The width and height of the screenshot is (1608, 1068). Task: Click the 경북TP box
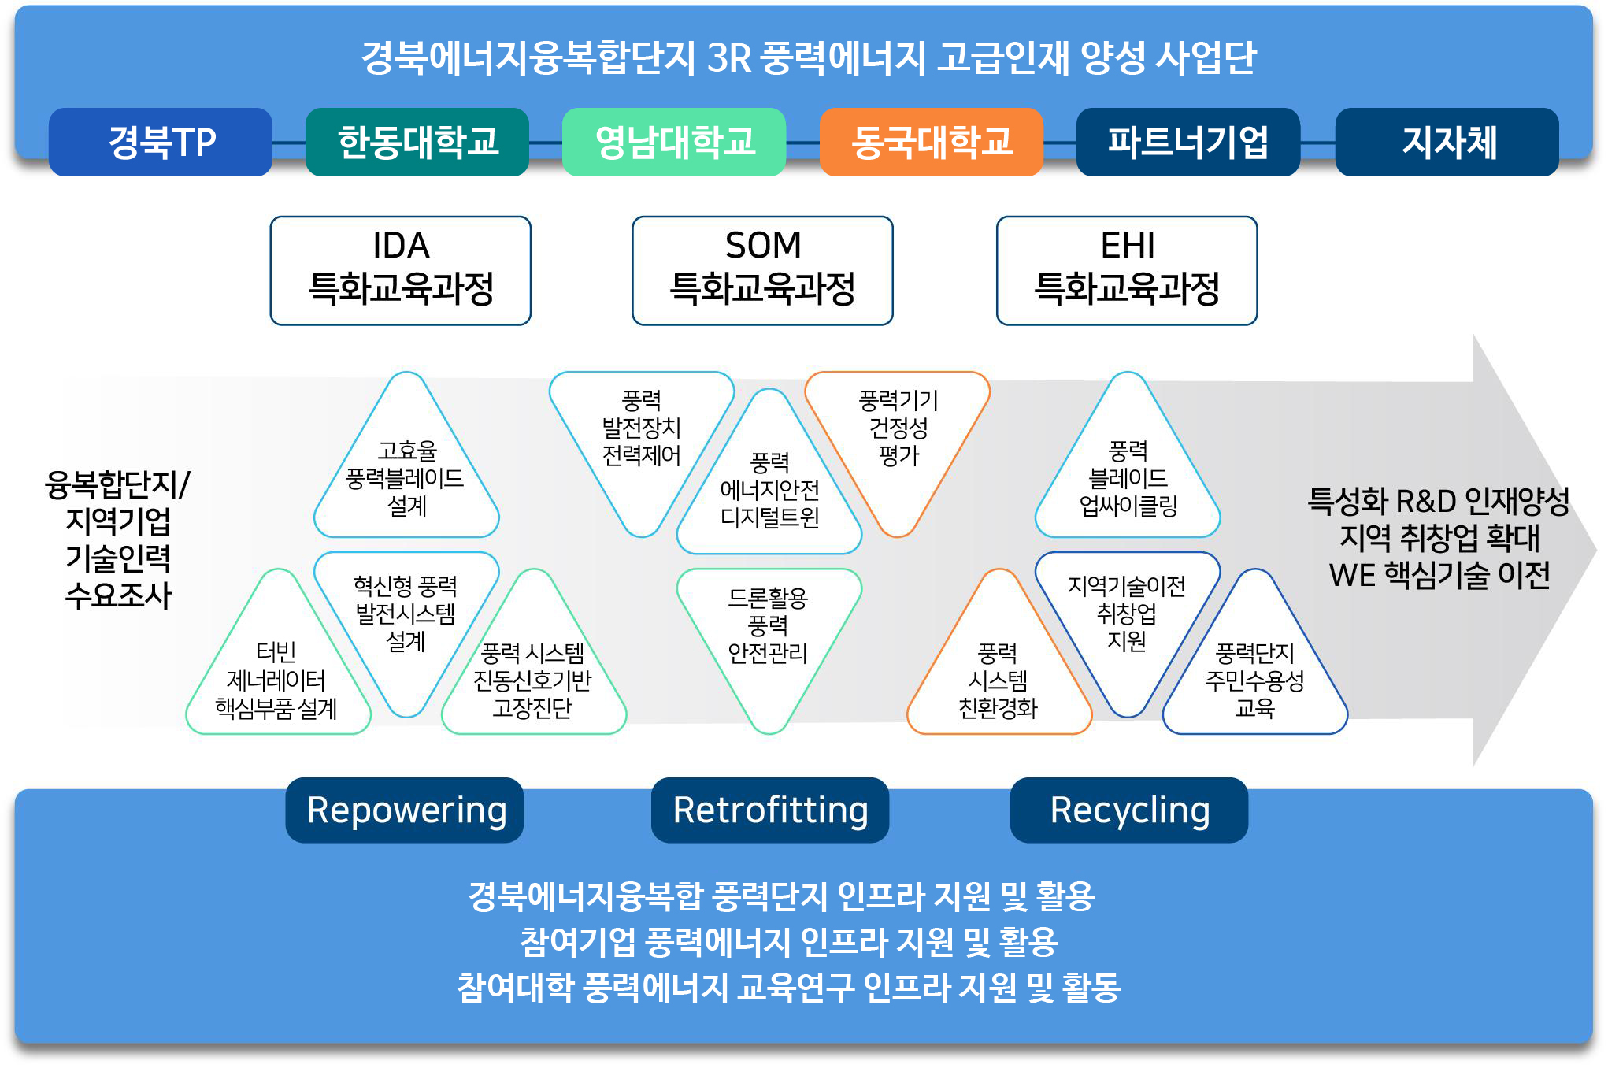161,143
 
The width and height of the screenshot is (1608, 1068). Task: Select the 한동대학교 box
417,143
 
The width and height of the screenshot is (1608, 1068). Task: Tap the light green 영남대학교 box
674,143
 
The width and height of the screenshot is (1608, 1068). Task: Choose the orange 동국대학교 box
932,143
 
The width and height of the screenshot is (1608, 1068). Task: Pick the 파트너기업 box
1188,143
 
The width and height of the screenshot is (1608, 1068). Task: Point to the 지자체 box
1447,143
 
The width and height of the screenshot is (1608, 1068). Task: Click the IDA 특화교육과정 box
401,270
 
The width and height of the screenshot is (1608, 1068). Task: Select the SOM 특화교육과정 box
762,270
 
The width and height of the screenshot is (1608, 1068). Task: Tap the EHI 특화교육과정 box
1127,270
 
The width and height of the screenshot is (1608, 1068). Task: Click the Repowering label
405,810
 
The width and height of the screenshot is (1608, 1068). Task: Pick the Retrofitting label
770,810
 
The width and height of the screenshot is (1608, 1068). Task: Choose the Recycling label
1129,810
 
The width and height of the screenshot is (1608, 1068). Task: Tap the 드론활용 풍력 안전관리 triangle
769,627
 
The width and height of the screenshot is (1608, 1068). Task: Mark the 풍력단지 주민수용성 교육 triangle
1254,679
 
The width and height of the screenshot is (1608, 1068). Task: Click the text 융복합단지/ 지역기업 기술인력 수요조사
118,540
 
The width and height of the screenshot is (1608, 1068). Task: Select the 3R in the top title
729,57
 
